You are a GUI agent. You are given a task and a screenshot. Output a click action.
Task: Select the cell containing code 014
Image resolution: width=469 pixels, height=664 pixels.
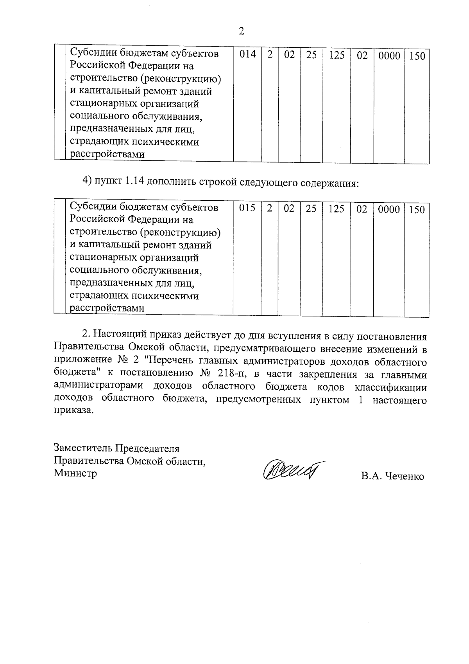coord(247,55)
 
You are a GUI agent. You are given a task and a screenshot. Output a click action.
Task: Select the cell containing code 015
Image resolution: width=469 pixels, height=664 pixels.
coord(247,209)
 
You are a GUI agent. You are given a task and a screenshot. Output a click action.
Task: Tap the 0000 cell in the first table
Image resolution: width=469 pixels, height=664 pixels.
coord(389,56)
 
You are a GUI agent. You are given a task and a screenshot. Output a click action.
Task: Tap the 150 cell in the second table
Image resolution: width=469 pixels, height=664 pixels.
coord(417,210)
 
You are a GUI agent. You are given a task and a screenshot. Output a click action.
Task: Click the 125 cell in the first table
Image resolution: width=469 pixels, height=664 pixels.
coord(336,55)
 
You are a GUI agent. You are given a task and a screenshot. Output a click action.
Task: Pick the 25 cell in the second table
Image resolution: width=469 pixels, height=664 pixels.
coord(311,209)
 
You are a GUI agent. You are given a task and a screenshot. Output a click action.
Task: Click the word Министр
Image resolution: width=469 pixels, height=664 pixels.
coord(75,473)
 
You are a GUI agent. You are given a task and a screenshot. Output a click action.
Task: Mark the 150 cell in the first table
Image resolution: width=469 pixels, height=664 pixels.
coord(417,56)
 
